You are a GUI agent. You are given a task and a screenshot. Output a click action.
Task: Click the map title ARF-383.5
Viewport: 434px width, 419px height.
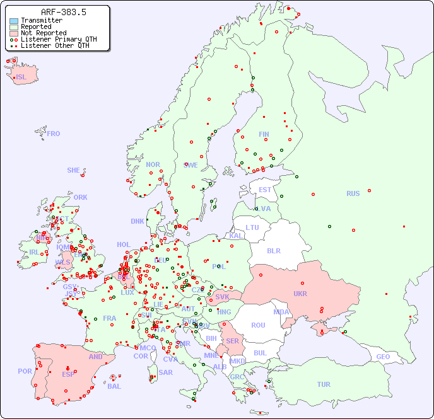pyautogui.click(x=64, y=12)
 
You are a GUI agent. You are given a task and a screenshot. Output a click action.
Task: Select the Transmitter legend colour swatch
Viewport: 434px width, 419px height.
pyautogui.click(x=14, y=21)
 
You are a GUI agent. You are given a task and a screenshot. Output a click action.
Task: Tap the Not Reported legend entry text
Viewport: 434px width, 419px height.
pyautogui.click(x=44, y=33)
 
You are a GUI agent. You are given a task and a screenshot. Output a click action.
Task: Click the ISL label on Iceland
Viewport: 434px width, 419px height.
pyautogui.click(x=21, y=77)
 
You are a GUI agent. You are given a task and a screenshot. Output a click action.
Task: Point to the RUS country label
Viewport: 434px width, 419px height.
pyautogui.click(x=353, y=193)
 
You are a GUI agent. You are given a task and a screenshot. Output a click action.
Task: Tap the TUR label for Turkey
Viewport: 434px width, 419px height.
pyautogui.click(x=324, y=384)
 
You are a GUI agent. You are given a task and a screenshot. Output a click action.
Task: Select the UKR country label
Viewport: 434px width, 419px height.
pyautogui.click(x=300, y=294)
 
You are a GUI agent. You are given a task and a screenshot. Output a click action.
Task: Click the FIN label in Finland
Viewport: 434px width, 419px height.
pyautogui.click(x=264, y=134)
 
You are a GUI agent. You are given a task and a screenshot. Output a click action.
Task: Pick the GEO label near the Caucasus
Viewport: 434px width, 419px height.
pyautogui.click(x=383, y=357)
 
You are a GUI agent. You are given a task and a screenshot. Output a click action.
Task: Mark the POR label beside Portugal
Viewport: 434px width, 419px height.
pyautogui.click(x=25, y=371)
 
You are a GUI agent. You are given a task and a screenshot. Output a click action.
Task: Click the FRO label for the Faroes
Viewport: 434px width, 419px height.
pyautogui.click(x=54, y=134)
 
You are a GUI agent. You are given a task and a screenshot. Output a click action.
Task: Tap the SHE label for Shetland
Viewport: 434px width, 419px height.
pyautogui.click(x=74, y=170)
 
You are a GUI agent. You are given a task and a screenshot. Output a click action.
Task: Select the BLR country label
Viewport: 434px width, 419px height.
pyautogui.click(x=273, y=250)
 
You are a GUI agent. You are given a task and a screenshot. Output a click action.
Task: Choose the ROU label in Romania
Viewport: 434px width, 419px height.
pyautogui.click(x=258, y=325)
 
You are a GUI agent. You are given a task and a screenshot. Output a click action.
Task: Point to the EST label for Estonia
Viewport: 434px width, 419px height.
pyautogui.click(x=265, y=190)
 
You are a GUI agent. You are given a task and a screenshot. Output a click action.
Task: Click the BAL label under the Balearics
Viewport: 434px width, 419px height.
pyautogui.click(x=114, y=386)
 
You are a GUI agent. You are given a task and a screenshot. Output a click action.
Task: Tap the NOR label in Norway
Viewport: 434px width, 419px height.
pyautogui.click(x=153, y=164)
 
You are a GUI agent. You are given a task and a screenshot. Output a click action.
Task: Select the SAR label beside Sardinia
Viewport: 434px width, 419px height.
pyautogui.click(x=166, y=372)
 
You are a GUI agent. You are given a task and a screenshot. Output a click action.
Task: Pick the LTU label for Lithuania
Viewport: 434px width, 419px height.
pyautogui.click(x=252, y=227)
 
